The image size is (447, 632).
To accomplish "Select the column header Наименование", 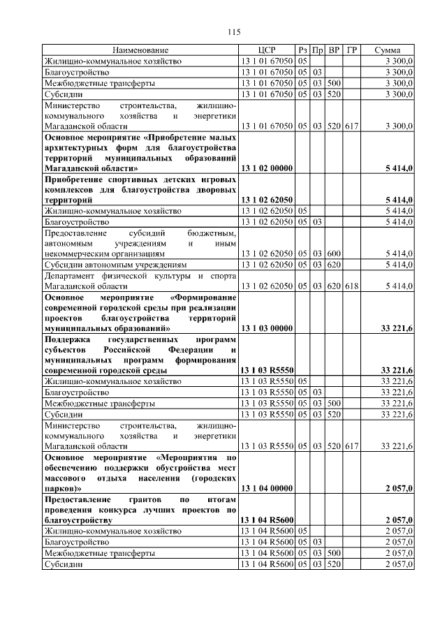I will point(140,51).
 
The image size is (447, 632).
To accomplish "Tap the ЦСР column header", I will point(266,51).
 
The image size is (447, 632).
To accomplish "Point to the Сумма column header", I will point(387,51).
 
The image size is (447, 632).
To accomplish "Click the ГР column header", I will point(351,51).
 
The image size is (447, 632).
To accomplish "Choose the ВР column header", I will point(334,51).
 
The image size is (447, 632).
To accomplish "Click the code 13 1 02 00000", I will point(266,168).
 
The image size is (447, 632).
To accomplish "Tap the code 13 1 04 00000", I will point(266,487).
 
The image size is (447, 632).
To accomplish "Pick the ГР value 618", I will point(351,286).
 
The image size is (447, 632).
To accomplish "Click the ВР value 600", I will point(334,254).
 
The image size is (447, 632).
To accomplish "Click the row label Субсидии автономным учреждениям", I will point(115,265).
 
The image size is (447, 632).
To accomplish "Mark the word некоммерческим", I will point(80,254).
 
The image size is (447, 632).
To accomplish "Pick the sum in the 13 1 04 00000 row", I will point(399,487).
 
